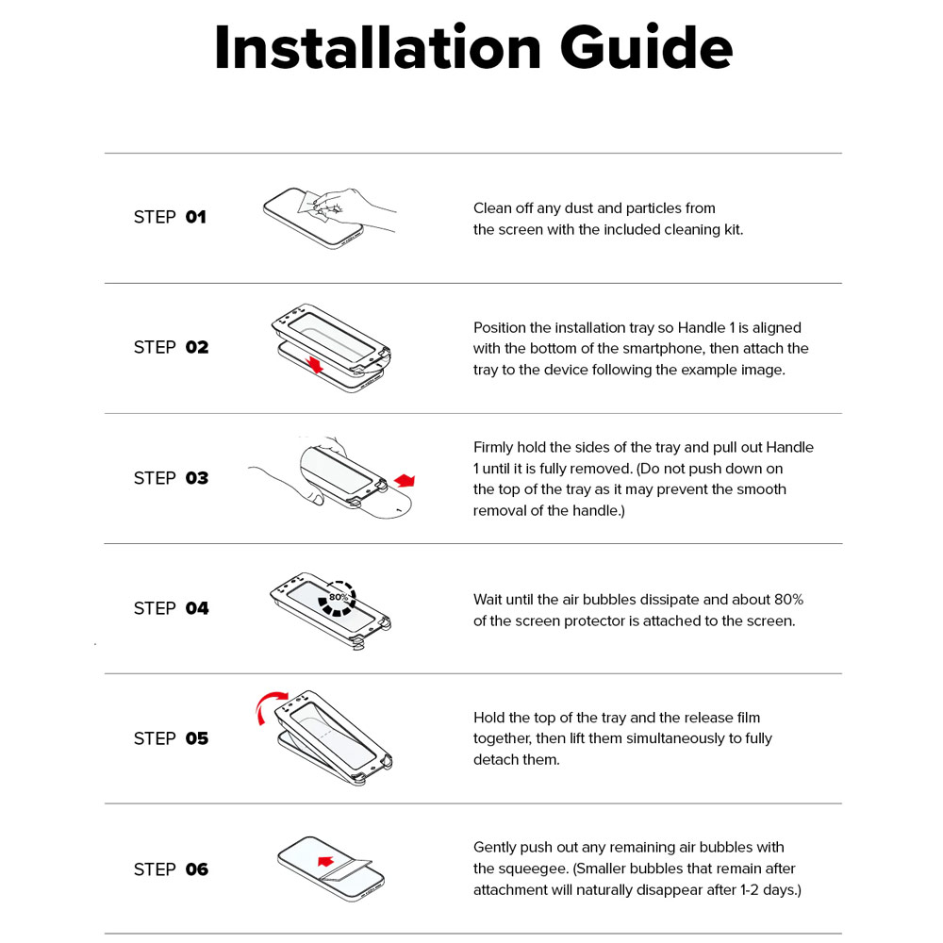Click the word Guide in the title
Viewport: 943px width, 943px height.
pyautogui.click(x=647, y=47)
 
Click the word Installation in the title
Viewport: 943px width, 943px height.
pyautogui.click(x=378, y=47)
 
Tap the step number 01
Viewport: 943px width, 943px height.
pyautogui.click(x=195, y=217)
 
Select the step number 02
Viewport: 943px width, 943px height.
pyautogui.click(x=197, y=347)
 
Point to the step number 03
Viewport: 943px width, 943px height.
pyautogui.click(x=197, y=478)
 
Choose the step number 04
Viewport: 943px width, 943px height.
pyautogui.click(x=197, y=608)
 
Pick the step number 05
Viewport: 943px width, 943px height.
pyautogui.click(x=197, y=738)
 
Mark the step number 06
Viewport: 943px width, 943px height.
pyautogui.click(x=197, y=869)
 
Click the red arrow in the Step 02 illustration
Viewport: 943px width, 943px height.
pyautogui.click(x=315, y=364)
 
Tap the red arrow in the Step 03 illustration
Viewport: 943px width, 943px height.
pyautogui.click(x=405, y=480)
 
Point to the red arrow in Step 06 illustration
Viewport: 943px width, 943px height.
pyautogui.click(x=325, y=861)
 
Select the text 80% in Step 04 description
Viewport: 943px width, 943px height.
pyautogui.click(x=788, y=600)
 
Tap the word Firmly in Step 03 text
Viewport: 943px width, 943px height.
pyautogui.click(x=492, y=447)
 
